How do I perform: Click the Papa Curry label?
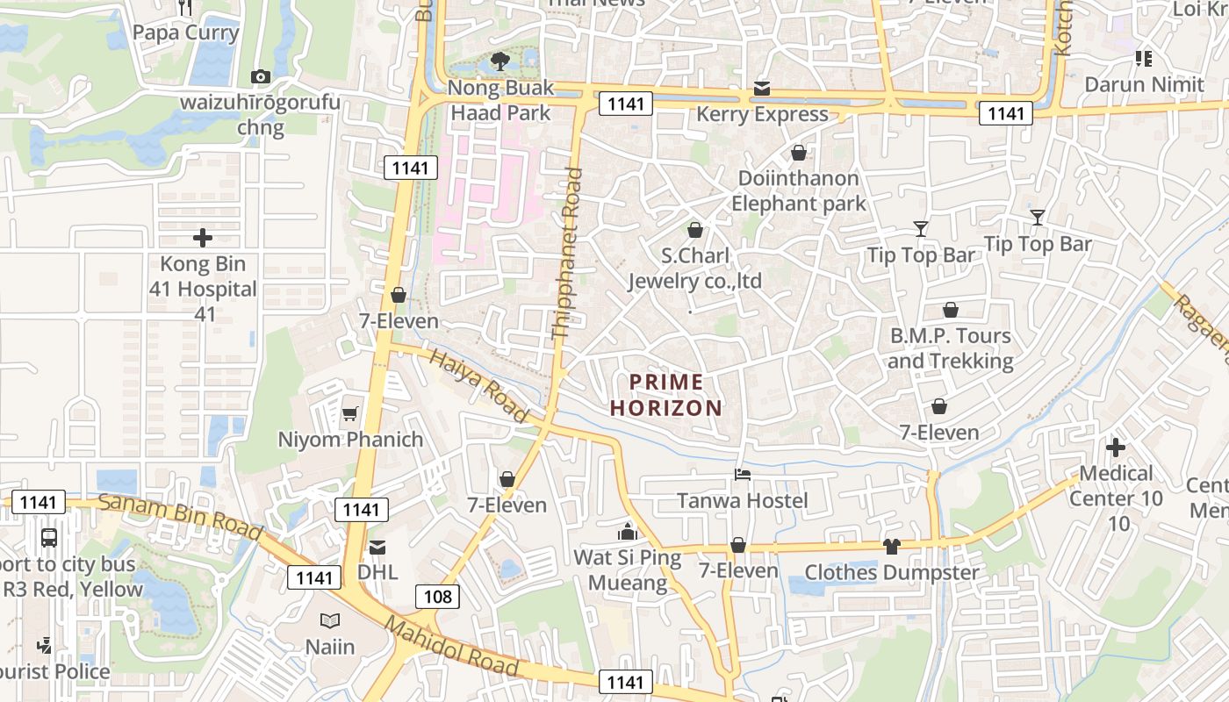185,32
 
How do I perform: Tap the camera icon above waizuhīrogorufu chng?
260,76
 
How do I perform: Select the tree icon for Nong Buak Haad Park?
500,61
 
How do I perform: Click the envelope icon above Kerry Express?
761,89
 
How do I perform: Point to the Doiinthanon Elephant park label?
798,191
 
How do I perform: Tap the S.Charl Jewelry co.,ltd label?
694,269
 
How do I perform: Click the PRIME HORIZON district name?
666,395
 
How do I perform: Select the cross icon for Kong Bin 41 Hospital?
203,238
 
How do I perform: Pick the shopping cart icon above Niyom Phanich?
350,413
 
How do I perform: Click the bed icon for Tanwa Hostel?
743,475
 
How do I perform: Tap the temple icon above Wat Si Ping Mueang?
627,532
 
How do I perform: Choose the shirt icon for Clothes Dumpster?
892,547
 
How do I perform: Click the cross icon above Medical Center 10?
1116,448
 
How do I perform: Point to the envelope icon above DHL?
377,547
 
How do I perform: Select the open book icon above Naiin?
330,621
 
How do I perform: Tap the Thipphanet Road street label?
566,254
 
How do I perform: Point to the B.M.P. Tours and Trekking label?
950,348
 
